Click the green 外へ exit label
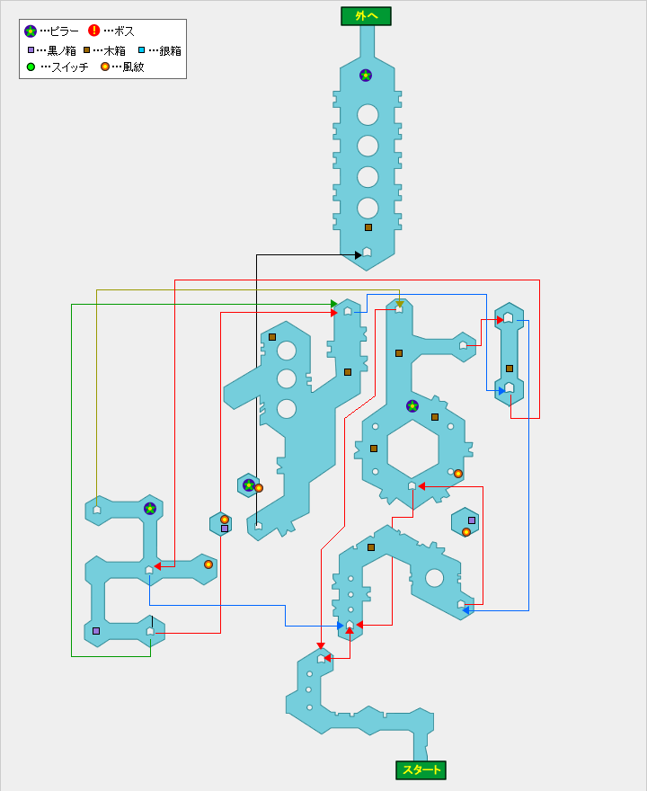[x=366, y=16]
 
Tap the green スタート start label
[x=421, y=769]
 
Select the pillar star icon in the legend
[x=31, y=31]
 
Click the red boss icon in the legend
[x=93, y=31]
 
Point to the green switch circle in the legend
[x=31, y=67]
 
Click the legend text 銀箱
[x=170, y=50]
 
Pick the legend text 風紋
[x=133, y=67]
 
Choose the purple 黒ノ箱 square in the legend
[x=31, y=50]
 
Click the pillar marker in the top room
[x=366, y=76]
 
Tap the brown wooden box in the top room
[x=368, y=227]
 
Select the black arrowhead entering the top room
[x=358, y=255]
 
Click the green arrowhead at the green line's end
[x=334, y=304]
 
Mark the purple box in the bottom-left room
[x=96, y=631]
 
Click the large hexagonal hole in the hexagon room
[x=412, y=448]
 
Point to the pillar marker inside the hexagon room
[x=412, y=405]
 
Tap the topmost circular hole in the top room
[x=368, y=115]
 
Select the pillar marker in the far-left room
[x=150, y=509]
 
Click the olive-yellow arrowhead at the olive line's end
[x=399, y=304]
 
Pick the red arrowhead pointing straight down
[x=321, y=644]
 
